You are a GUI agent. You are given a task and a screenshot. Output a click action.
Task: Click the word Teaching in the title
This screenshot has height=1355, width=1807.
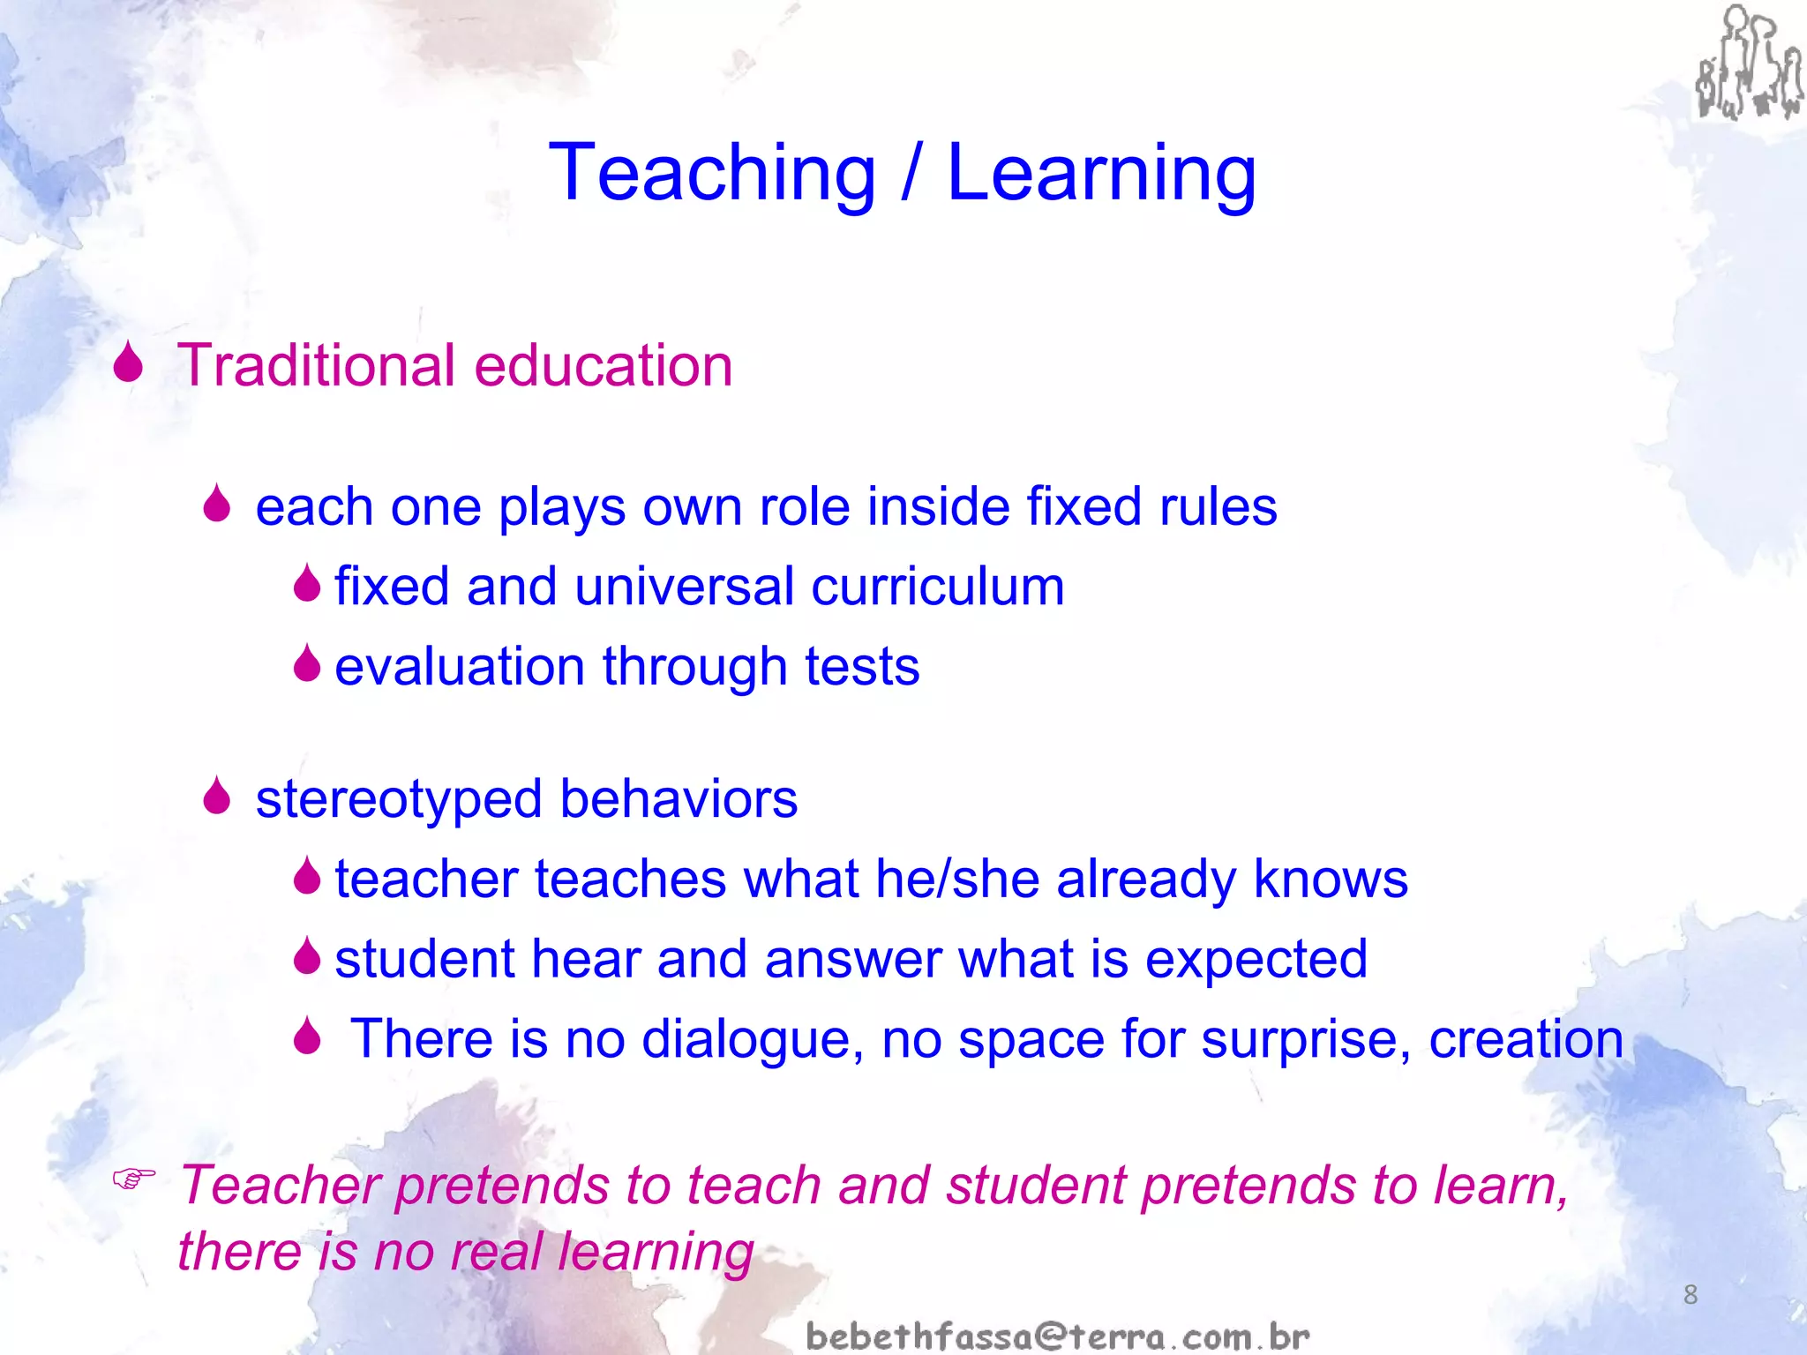[x=712, y=174]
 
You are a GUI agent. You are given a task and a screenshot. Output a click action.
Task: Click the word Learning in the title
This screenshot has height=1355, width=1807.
[x=1101, y=174]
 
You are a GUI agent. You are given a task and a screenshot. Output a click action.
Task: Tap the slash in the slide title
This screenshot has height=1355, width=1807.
[x=911, y=174]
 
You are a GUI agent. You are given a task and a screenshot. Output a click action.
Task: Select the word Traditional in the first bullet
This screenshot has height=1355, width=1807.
[x=317, y=365]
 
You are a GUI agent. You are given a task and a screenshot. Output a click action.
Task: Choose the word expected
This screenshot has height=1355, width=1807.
[x=1256, y=960]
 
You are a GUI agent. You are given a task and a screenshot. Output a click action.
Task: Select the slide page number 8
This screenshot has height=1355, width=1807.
[x=1690, y=1295]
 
